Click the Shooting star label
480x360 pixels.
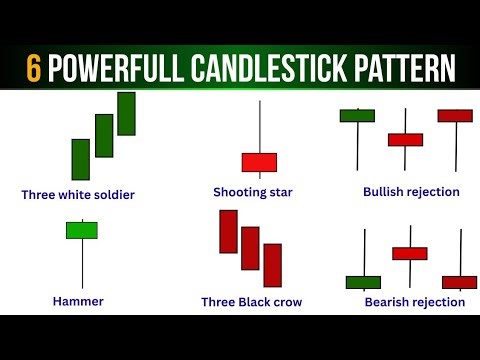point(252,191)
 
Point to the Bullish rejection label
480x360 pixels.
point(411,191)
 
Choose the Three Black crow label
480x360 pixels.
point(251,301)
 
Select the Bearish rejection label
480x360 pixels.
point(414,301)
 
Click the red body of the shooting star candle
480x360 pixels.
point(259,162)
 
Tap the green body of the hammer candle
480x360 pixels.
point(82,230)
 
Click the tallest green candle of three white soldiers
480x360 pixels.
point(126,113)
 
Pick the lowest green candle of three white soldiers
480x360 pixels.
point(81,159)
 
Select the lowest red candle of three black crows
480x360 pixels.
point(273,265)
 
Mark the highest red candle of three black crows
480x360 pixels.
point(228,231)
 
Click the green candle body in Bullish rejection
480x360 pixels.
point(356,116)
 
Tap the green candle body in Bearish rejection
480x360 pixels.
point(363,282)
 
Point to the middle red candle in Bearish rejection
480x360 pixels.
point(410,253)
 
